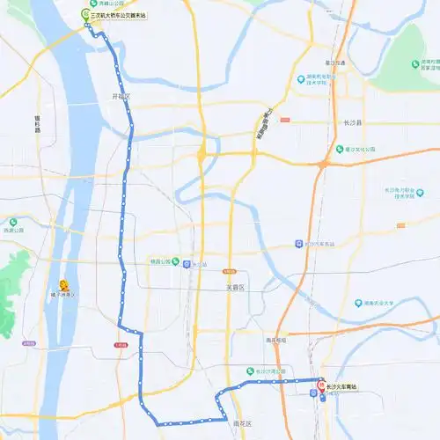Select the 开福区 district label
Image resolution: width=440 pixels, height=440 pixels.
coord(121,96)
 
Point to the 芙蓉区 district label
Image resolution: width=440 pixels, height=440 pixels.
coord(234,287)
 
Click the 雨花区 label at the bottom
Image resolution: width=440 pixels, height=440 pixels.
coord(242,423)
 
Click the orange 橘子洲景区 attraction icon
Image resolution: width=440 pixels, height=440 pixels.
coord(64,284)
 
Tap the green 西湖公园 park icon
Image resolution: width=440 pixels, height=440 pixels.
coord(12,223)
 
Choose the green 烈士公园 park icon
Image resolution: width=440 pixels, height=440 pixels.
coord(176,261)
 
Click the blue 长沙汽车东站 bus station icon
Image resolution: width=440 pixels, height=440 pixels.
coord(299,244)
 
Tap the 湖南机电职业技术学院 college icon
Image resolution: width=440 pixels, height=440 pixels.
coord(302,77)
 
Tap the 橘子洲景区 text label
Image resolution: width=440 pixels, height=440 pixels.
coord(64,295)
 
